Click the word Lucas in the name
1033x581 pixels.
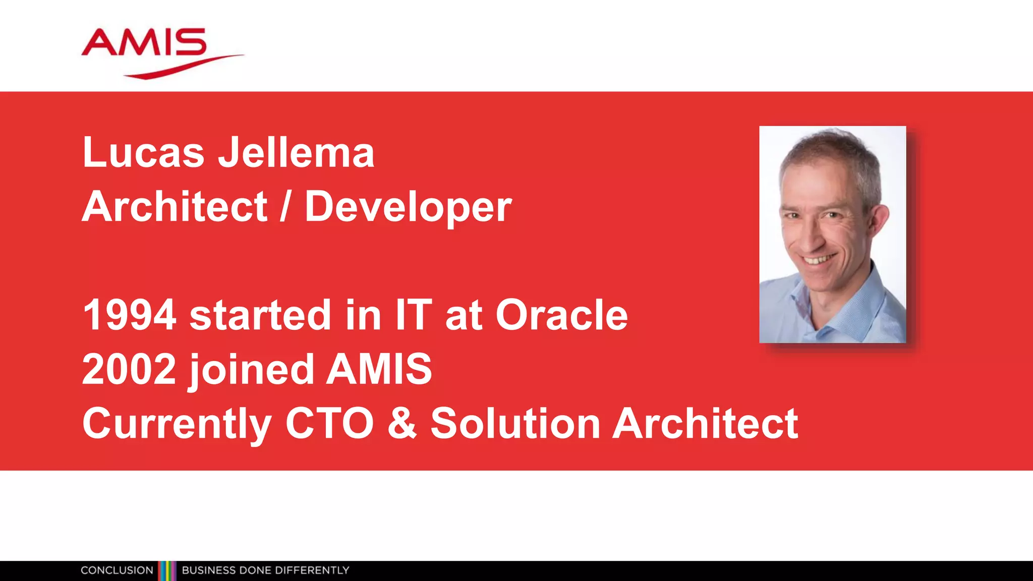click(143, 152)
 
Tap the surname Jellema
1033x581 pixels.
click(296, 152)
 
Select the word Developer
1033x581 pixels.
click(408, 207)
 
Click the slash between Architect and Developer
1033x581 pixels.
click(285, 207)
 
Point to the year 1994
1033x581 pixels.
click(129, 315)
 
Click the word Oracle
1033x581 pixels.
click(561, 315)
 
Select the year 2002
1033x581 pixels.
click(129, 369)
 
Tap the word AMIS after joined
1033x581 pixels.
click(379, 369)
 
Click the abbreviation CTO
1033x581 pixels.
click(329, 424)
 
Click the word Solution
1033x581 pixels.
click(514, 424)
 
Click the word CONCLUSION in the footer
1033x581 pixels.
click(117, 570)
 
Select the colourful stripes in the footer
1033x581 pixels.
click(167, 570)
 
